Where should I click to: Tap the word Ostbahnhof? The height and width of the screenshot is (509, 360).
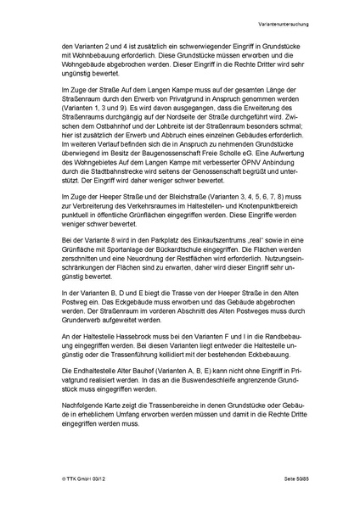[x=90, y=159]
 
